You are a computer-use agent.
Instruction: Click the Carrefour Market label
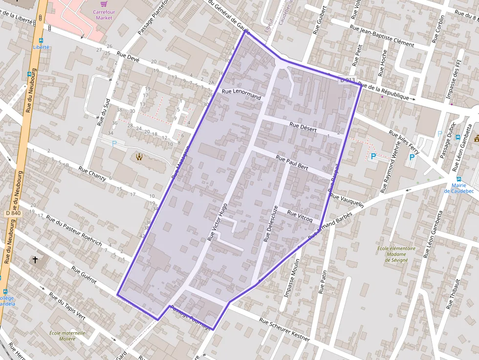103,15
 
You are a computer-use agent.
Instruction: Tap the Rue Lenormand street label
241,94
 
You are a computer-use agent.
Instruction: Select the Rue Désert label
303,127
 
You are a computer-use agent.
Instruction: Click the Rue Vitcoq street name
300,216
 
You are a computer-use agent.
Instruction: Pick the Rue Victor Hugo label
218,222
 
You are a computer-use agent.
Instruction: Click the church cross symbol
36,259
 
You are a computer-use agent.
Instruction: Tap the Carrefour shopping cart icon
104,3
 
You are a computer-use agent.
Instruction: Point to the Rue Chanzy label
92,173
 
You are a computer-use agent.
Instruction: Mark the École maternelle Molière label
67,336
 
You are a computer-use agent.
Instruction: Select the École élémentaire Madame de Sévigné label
396,254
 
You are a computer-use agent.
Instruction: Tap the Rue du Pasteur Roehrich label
74,230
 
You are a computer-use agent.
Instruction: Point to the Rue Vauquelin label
347,200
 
